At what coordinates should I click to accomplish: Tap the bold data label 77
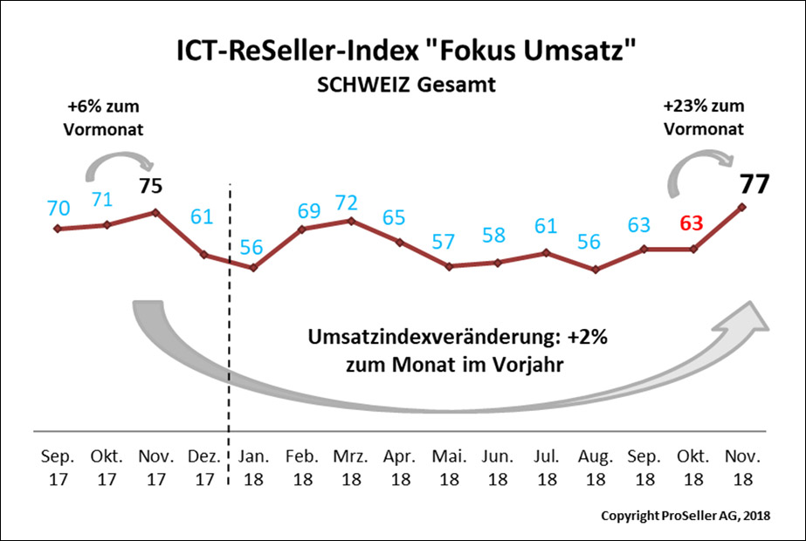coord(755,186)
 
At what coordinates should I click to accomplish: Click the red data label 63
coord(692,223)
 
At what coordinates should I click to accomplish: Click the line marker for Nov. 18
coord(742,207)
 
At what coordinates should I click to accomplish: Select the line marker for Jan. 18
coord(253,268)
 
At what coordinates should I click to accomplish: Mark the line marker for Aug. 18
coord(596,270)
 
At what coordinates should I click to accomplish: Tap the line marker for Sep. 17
coord(58,229)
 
